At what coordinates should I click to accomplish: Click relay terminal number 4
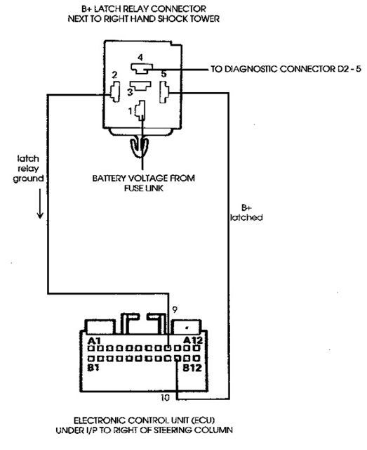[x=142, y=68]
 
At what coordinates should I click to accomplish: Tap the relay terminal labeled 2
[x=115, y=92]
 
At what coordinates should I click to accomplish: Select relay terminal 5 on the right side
[x=164, y=92]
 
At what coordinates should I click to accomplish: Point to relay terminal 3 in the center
[x=140, y=86]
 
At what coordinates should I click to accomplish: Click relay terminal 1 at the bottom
[x=140, y=110]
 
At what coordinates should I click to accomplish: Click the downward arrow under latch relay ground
[x=40, y=204]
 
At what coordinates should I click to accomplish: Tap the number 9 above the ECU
[x=175, y=310]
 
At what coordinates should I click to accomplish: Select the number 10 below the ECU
[x=165, y=398]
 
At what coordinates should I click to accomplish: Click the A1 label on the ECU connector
[x=94, y=340]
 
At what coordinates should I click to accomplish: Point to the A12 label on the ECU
[x=192, y=340]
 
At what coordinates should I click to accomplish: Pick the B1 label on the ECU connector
[x=93, y=368]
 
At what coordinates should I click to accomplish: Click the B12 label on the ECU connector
[x=192, y=368]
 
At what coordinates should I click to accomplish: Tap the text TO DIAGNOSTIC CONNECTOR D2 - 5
[x=286, y=69]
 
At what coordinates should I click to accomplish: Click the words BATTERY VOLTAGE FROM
[x=144, y=178]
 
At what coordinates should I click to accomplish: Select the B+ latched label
[x=246, y=212]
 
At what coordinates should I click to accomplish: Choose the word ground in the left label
[x=28, y=179]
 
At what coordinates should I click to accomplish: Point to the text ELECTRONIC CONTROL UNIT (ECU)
[x=144, y=420]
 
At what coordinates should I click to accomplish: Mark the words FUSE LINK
[x=144, y=188]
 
